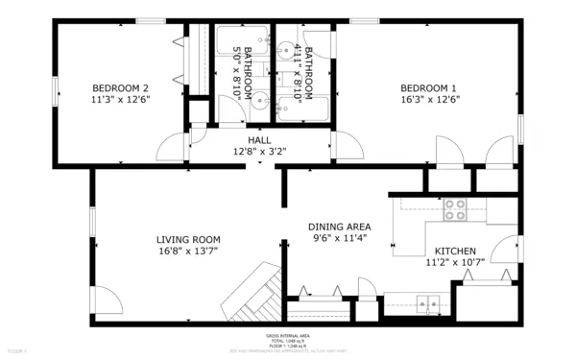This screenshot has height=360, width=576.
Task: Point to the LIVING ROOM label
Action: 189,240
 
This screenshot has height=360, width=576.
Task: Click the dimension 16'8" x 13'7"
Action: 189,252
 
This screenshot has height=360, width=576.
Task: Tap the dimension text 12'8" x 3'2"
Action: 259,151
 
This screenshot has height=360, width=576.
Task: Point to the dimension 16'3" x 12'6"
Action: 429,98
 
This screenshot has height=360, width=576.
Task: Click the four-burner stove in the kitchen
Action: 454,207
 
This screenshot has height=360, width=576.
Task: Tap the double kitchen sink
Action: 426,305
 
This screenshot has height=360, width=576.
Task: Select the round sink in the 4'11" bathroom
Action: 285,49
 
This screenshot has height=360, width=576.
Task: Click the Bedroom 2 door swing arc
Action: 170,146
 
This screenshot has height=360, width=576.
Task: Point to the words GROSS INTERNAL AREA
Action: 288,336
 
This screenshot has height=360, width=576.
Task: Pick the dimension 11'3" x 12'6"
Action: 121,98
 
